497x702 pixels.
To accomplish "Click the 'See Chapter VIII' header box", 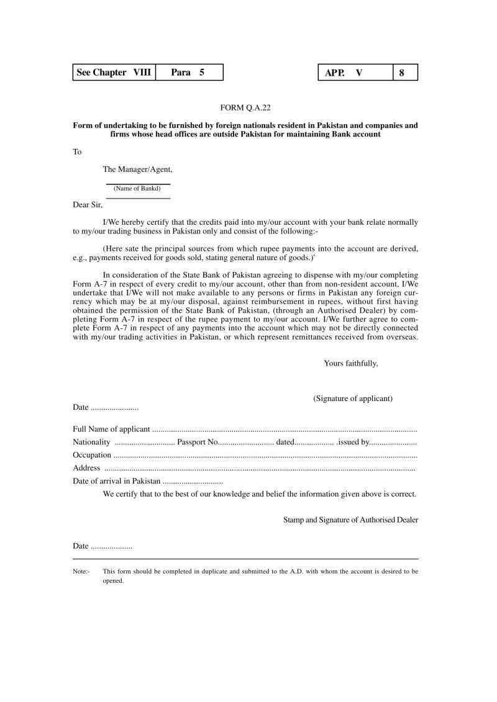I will point(114,73).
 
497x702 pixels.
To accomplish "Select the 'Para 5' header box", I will point(188,73).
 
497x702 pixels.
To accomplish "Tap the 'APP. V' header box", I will point(355,73).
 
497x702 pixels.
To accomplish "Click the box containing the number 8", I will point(404,73).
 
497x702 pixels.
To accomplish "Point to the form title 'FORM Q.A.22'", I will point(245,107).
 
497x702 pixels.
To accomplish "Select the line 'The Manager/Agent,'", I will point(138,169).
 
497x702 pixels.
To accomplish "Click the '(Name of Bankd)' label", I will point(137,188).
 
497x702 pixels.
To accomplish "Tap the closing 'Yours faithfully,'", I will point(350,363).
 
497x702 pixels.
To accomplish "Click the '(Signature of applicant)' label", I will point(352,398).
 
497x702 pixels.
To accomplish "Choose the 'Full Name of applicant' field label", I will point(111,429).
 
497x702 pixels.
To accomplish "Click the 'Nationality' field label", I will point(91,442).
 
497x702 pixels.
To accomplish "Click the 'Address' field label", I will point(86,468).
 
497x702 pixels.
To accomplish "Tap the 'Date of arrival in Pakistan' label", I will point(116,481).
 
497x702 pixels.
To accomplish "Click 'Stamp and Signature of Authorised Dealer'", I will point(350,520).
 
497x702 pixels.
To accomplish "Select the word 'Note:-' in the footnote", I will point(81,570).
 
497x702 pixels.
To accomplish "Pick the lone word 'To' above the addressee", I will point(77,151).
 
